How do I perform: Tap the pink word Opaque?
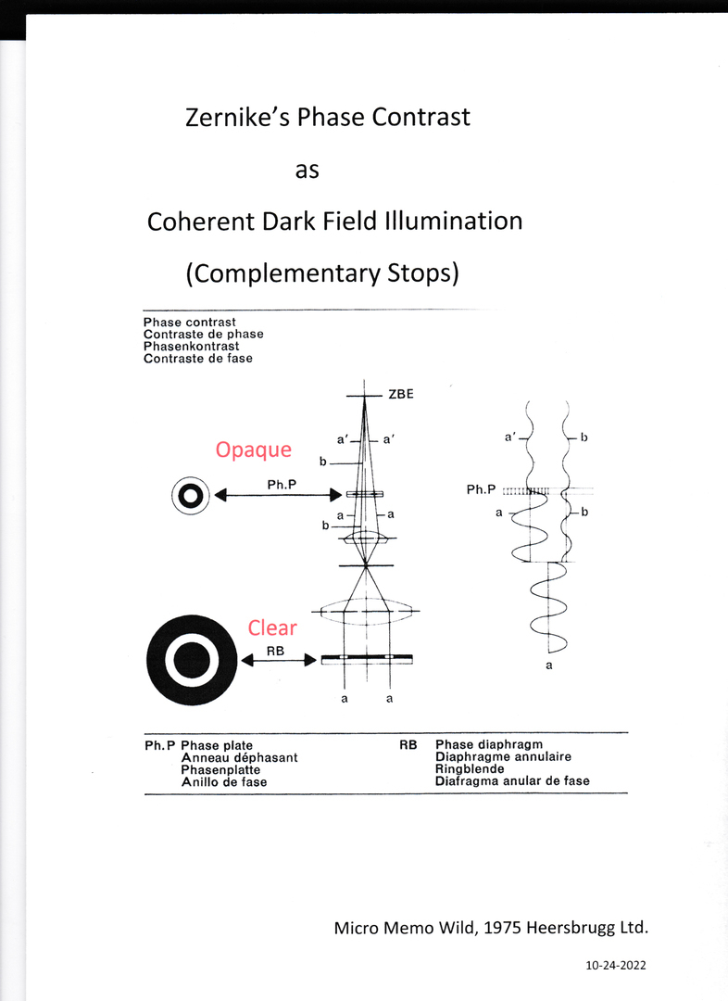click(x=253, y=450)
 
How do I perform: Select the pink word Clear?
click(x=272, y=627)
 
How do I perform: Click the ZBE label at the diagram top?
click(x=401, y=394)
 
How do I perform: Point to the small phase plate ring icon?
click(x=190, y=496)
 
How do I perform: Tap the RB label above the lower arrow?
click(x=275, y=651)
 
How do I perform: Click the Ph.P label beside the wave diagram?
click(x=482, y=489)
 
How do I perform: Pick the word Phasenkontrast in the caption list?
click(x=192, y=346)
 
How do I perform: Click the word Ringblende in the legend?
click(x=470, y=769)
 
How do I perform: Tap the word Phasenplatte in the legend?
click(x=220, y=770)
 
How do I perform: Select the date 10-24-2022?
click(x=616, y=965)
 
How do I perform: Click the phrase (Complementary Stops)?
click(x=322, y=273)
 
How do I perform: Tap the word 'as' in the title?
click(x=307, y=170)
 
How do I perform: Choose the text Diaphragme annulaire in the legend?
click(x=503, y=757)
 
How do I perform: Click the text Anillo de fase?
click(x=224, y=782)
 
